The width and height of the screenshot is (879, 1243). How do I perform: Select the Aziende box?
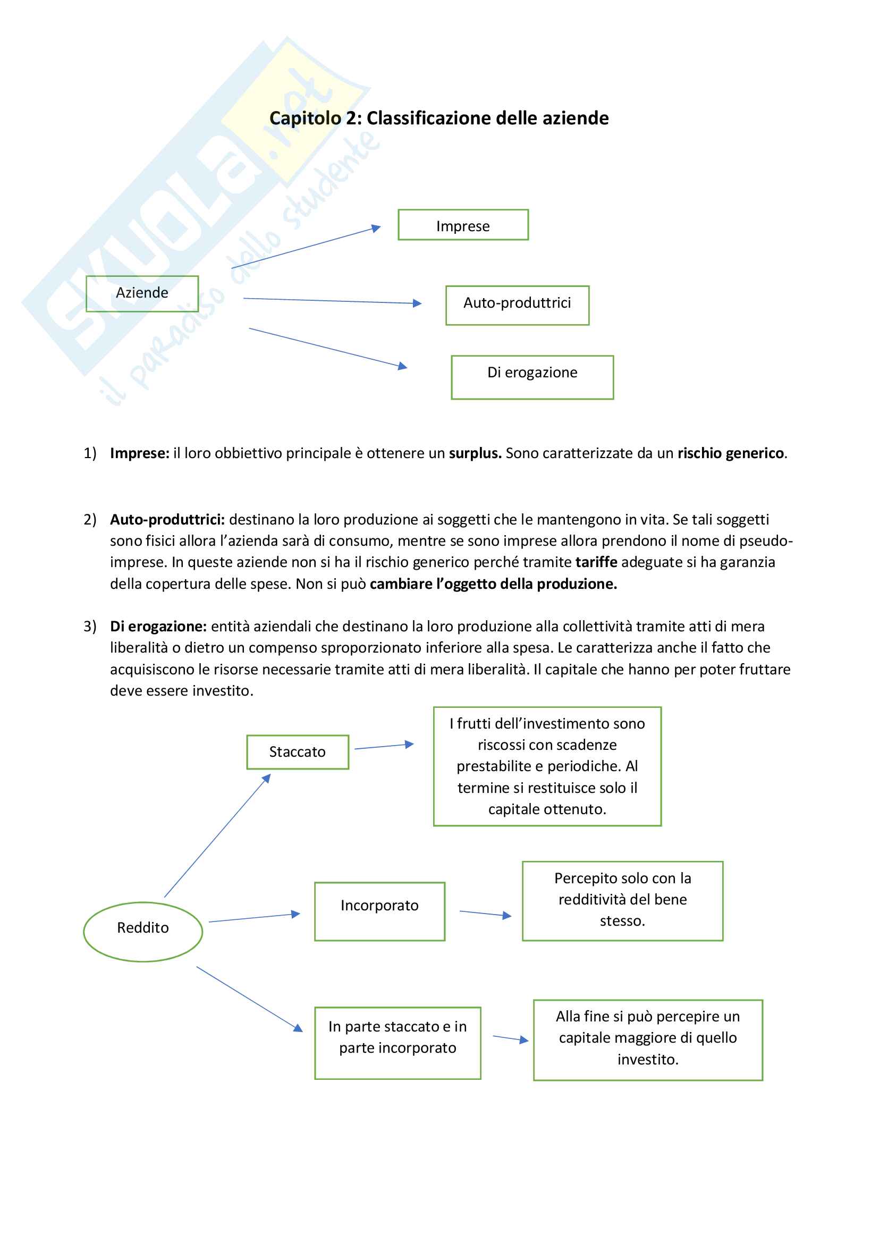[x=142, y=293]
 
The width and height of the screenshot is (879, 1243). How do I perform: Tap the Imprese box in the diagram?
[x=463, y=225]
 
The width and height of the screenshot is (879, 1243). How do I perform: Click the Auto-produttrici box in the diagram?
[x=517, y=305]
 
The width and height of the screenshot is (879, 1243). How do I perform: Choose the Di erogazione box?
[x=532, y=377]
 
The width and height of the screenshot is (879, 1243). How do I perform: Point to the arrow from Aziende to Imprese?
[x=306, y=248]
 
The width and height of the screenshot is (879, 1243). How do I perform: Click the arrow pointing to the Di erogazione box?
[x=327, y=348]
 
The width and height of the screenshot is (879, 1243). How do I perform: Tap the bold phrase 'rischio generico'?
[x=731, y=453]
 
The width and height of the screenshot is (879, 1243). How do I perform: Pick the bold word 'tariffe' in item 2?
[x=596, y=562]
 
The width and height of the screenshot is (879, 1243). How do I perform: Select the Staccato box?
[x=297, y=752]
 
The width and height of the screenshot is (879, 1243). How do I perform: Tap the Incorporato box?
[x=379, y=912]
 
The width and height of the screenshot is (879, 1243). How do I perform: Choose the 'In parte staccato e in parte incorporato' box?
[x=398, y=1043]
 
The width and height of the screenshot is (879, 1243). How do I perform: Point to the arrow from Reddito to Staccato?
[x=217, y=836]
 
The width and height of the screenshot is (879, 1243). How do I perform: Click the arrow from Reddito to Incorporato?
[x=254, y=918]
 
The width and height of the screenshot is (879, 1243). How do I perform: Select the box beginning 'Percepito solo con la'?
[x=622, y=901]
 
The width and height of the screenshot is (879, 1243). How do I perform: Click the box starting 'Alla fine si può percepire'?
[x=648, y=1040]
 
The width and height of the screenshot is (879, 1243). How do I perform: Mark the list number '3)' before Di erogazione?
[x=90, y=627]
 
